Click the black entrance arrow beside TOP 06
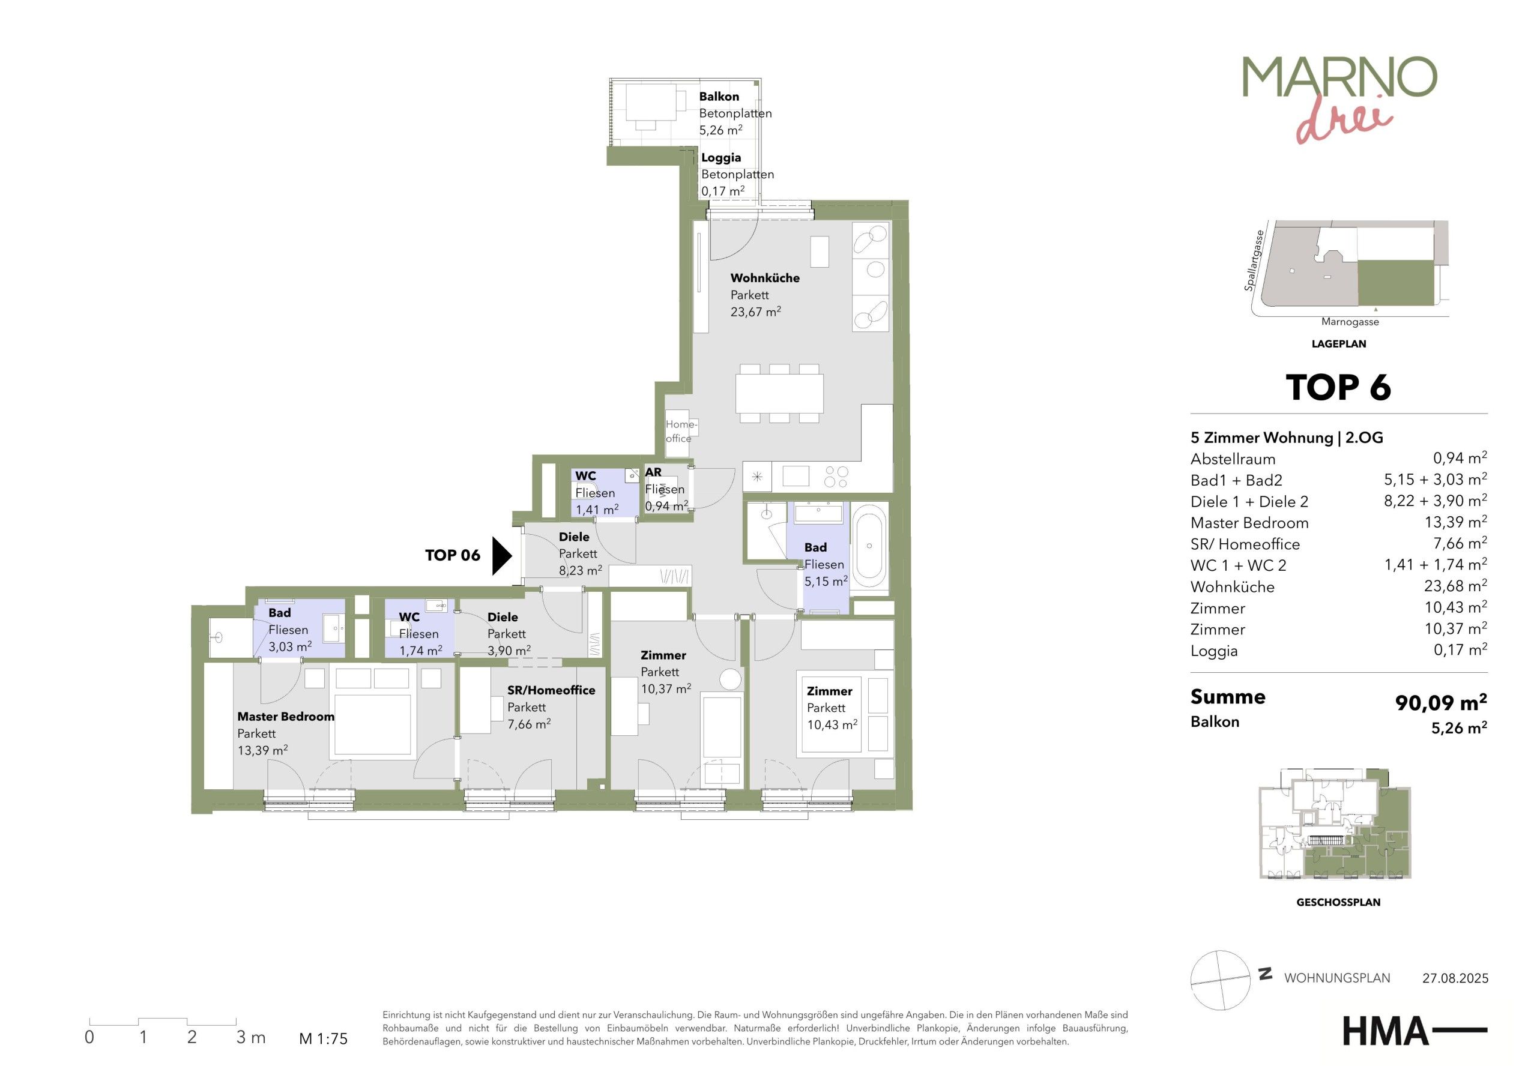pyautogui.click(x=501, y=556)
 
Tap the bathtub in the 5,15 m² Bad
pyautogui.click(x=869, y=546)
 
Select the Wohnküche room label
pyautogui.click(x=764, y=278)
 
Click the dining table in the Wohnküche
pyautogui.click(x=779, y=394)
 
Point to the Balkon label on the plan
pyautogui.click(x=719, y=97)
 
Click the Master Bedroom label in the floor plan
pyautogui.click(x=286, y=716)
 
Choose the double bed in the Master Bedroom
pyautogui.click(x=373, y=726)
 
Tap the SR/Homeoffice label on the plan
pyautogui.click(x=551, y=690)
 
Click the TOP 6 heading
pyautogui.click(x=1338, y=387)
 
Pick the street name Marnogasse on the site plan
pyautogui.click(x=1350, y=322)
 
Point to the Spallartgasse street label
pyautogui.click(x=1254, y=261)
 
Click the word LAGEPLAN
pyautogui.click(x=1339, y=344)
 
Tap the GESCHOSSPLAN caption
pyautogui.click(x=1338, y=902)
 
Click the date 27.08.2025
pyautogui.click(x=1455, y=978)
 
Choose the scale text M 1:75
pyautogui.click(x=324, y=1039)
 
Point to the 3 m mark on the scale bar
pyautogui.click(x=251, y=1037)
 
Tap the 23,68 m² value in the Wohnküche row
pyautogui.click(x=1455, y=586)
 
